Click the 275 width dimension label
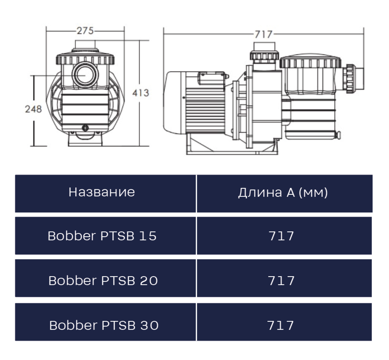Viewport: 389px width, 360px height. (85, 31)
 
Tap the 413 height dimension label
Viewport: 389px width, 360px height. (141, 93)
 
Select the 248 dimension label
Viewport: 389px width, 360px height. (33, 109)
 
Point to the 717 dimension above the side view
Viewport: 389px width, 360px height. (263, 35)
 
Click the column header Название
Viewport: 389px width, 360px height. (102, 192)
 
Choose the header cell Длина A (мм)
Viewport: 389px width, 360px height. (283, 193)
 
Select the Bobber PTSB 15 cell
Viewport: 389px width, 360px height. (102, 236)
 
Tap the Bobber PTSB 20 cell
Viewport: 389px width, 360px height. (103, 281)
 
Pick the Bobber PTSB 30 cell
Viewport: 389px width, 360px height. (104, 325)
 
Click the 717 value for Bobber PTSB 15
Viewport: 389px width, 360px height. (281, 236)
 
